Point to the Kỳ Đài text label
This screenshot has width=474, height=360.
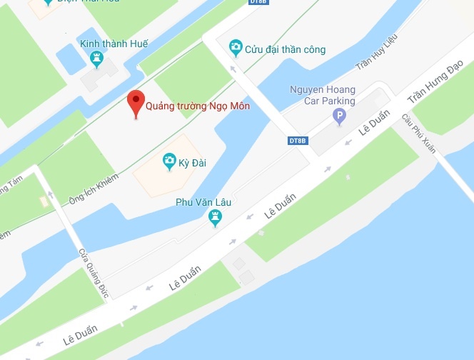[x=193, y=163]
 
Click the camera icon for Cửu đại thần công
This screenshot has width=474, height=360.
[x=235, y=49]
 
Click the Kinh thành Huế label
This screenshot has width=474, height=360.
[x=114, y=44]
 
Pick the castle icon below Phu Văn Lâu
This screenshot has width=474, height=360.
[x=215, y=218]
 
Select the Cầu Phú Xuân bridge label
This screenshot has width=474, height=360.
[x=418, y=133]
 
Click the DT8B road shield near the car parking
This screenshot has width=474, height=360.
[x=298, y=140]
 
